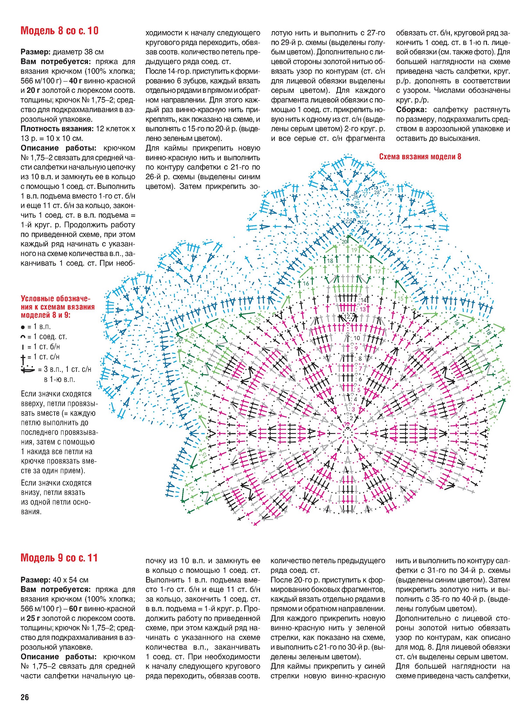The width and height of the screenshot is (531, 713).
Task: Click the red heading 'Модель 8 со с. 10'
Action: click(x=59, y=31)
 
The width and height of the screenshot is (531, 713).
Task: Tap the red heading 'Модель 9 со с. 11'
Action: click(x=59, y=558)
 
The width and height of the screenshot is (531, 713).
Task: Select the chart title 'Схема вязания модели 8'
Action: click(x=420, y=157)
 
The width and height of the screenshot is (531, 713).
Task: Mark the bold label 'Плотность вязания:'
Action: click(x=57, y=129)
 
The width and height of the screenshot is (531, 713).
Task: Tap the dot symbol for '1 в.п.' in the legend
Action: click(x=23, y=327)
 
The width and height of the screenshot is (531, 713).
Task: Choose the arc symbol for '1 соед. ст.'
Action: click(x=23, y=337)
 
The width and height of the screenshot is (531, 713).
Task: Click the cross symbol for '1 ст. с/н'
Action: click(x=23, y=356)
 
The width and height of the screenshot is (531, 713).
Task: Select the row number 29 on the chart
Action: click(x=390, y=190)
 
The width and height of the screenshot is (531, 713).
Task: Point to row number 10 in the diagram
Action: click(x=357, y=338)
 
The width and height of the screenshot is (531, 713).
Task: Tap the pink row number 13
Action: click(x=363, y=309)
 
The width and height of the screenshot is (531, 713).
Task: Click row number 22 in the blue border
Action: click(x=348, y=221)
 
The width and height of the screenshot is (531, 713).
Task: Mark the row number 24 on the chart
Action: click(x=361, y=211)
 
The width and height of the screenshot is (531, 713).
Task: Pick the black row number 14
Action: click(x=363, y=300)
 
